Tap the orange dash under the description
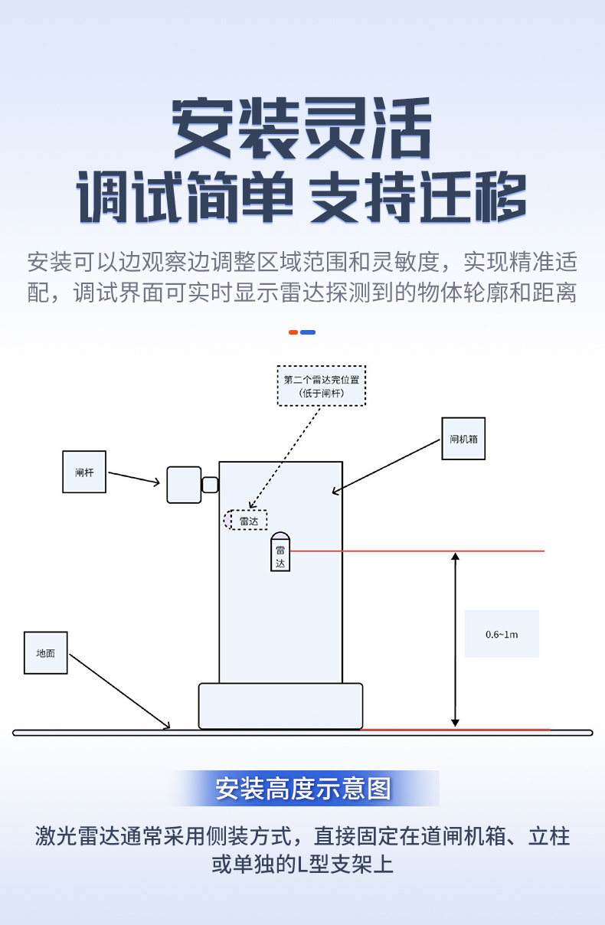pyautogui.click(x=293, y=332)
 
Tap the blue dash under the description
pyautogui.click(x=308, y=332)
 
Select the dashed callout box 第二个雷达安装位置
pyautogui.click(x=321, y=385)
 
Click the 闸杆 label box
pyautogui.click(x=84, y=472)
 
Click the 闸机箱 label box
pyautogui.click(x=463, y=439)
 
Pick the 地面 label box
pyautogui.click(x=46, y=652)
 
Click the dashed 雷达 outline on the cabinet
pyautogui.click(x=246, y=520)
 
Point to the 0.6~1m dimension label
pyautogui.click(x=502, y=634)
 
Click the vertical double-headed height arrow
pyautogui.click(x=455, y=639)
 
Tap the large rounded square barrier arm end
pyautogui.click(x=184, y=485)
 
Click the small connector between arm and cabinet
pyautogui.click(x=210, y=485)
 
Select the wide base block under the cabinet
pyautogui.click(x=280, y=706)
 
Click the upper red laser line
pyautogui.click(x=417, y=551)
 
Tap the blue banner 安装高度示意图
pyautogui.click(x=303, y=788)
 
